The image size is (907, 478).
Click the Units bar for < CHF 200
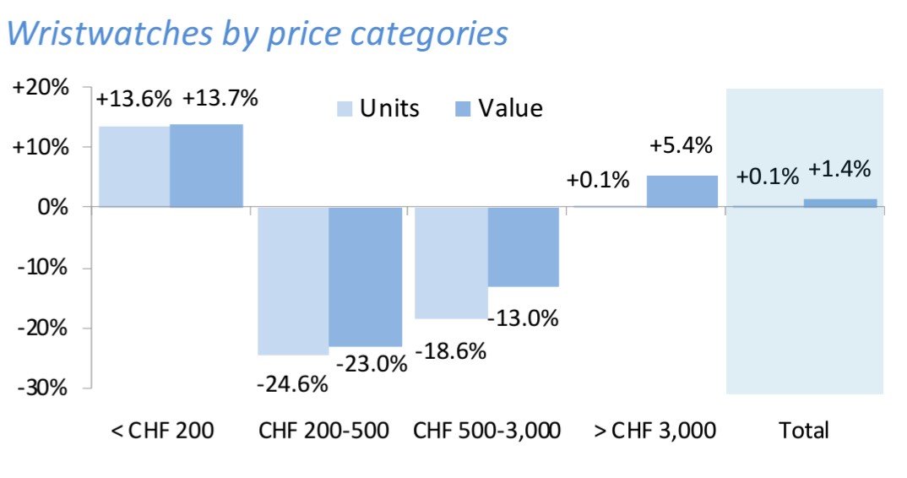point(134,166)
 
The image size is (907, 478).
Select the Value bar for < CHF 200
point(206,166)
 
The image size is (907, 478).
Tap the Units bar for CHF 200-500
point(293,280)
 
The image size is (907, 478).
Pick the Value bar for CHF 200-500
point(365,277)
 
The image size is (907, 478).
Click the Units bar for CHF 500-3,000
point(451,263)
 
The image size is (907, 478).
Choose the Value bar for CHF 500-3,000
point(523,247)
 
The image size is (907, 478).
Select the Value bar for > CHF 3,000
point(682,191)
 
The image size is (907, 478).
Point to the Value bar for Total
point(839,203)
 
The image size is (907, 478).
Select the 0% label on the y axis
point(52,207)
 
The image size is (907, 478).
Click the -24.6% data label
point(291,384)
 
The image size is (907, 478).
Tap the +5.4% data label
point(681,144)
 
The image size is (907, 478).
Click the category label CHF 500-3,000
point(486,430)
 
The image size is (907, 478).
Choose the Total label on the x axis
point(803,430)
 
